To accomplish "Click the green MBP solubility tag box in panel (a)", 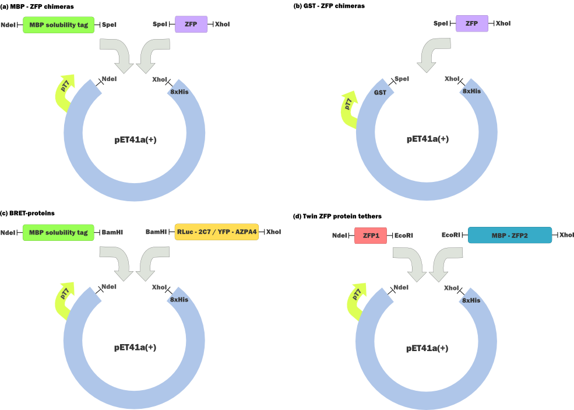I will [x=58, y=24].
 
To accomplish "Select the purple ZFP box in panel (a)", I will [x=191, y=24].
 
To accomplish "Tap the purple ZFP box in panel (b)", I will [x=471, y=23].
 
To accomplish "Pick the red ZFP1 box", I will [x=370, y=235].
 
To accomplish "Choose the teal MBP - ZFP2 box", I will [x=509, y=235].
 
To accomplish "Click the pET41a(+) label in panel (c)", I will [x=135, y=347].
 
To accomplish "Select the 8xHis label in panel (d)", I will [x=471, y=300].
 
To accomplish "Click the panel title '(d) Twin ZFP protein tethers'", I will [x=337, y=216].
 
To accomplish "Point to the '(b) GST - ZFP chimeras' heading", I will [x=329, y=5].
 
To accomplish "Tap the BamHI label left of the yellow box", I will [x=156, y=232].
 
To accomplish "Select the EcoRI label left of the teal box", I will [x=451, y=235].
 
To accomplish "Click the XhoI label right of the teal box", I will [x=566, y=235].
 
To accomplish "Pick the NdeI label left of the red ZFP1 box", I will [x=340, y=235].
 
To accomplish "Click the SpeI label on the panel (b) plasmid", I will [x=402, y=79].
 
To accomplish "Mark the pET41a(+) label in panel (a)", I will [x=135, y=140].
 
